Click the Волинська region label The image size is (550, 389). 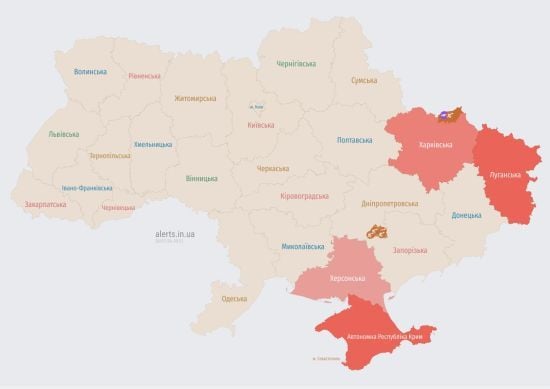coord(91,72)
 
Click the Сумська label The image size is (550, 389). coord(363,80)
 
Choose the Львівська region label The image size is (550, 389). coord(65,134)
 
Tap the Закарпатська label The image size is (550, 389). coord(45,204)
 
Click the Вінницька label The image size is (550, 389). coord(201,178)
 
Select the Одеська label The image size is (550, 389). coord(234,299)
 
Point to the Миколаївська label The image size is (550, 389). coord(302,245)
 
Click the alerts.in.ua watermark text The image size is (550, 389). coord(175,233)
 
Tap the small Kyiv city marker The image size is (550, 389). coord(257,106)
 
